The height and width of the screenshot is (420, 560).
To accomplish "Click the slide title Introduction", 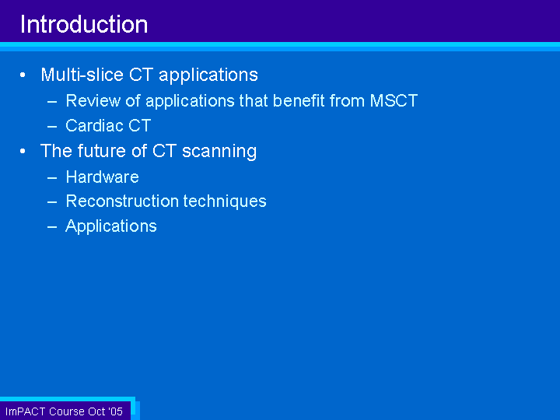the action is pos(84,25).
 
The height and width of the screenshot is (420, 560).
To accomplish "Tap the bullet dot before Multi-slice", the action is pos(23,75).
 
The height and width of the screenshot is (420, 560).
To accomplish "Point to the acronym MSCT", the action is pos(394,100).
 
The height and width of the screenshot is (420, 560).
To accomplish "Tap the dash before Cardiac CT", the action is pos(52,127).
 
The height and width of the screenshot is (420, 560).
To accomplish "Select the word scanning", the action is pos(219,152).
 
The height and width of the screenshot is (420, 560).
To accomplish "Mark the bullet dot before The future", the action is pos(23,151).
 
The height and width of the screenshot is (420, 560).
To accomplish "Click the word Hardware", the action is pos(102,177).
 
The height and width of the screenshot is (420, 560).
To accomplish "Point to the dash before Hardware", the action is pos(52,177).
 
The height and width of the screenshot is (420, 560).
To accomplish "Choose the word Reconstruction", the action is pos(122,201).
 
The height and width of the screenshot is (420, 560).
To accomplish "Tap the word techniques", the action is pos(225,201).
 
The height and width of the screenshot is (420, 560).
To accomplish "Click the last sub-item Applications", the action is pos(111,226).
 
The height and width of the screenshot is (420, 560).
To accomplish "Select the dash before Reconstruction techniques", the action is pos(52,201).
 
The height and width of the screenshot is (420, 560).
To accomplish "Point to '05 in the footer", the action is pos(116,411).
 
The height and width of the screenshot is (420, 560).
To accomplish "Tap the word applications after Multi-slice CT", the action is pos(208,75).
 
